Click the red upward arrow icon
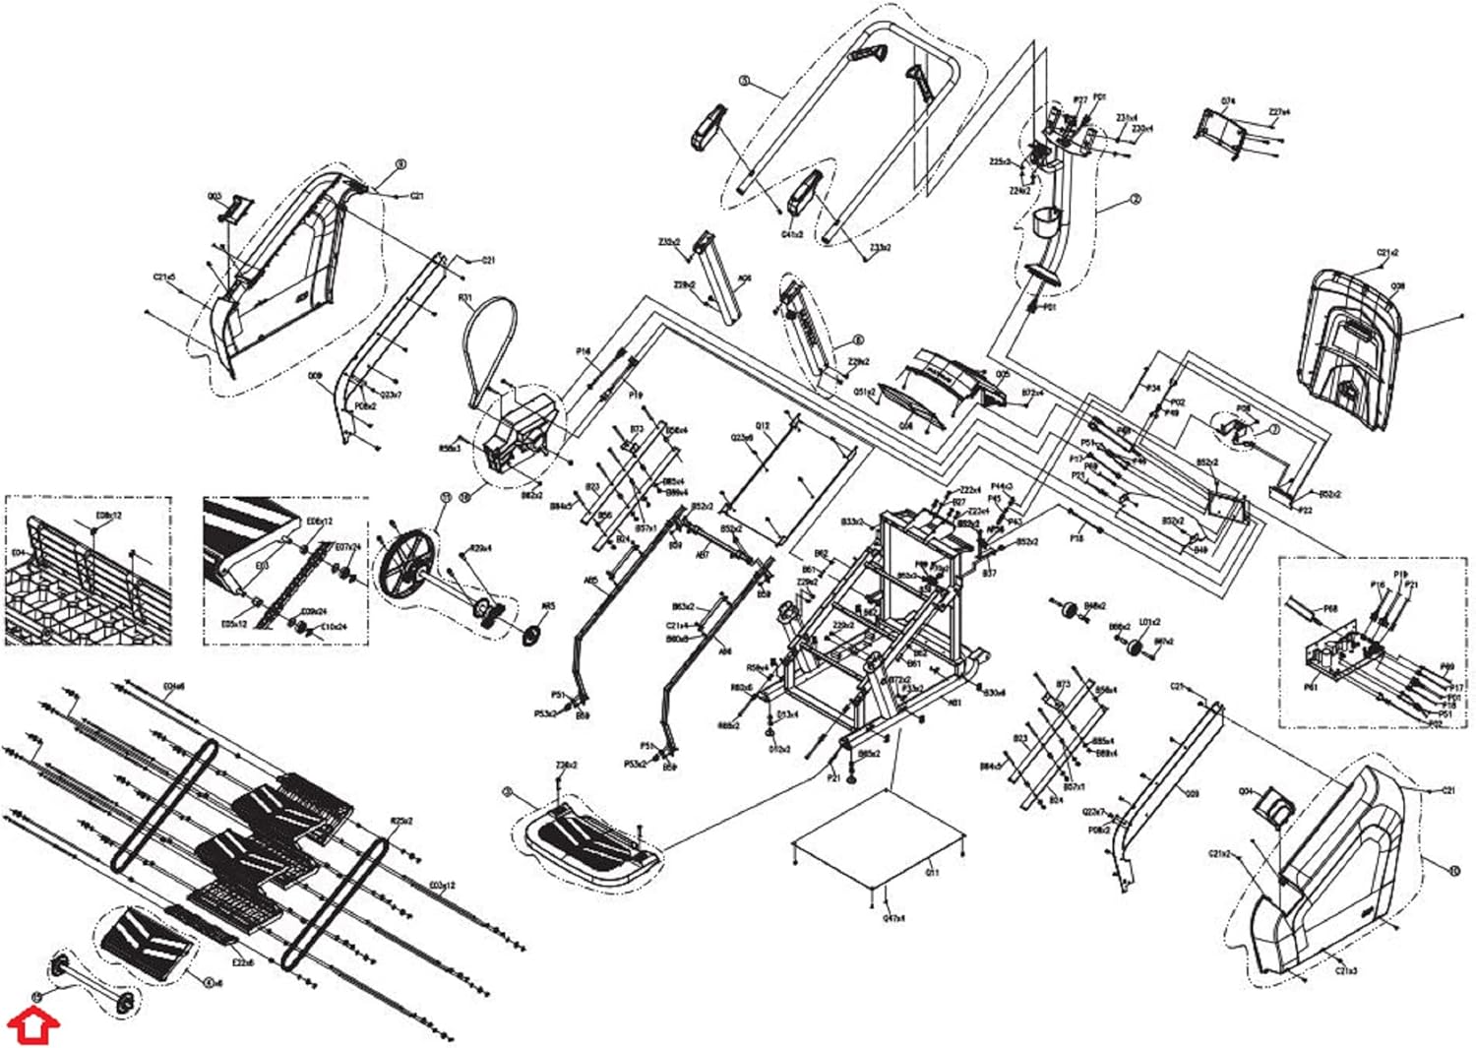point(34,1025)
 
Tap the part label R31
point(465,297)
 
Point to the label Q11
point(932,872)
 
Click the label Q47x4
point(893,918)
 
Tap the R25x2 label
point(401,821)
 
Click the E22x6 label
point(242,962)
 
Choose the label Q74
point(1227,102)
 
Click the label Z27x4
point(1279,112)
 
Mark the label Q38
point(1397,286)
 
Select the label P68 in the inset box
point(1330,608)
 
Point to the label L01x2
point(1149,622)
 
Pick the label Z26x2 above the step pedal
point(566,765)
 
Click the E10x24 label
point(334,626)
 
